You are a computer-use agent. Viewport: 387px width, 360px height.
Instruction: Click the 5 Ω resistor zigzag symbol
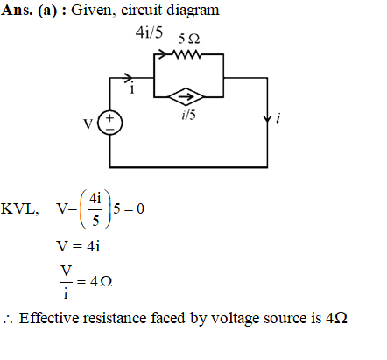click(x=186, y=54)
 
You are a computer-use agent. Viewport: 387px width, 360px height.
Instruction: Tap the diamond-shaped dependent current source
click(x=186, y=96)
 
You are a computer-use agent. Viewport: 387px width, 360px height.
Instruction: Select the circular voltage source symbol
click(x=109, y=123)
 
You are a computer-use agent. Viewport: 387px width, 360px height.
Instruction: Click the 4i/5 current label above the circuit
click(x=149, y=32)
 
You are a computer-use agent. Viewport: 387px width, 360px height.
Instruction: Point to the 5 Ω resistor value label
click(x=189, y=39)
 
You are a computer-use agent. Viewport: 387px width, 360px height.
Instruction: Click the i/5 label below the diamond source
click(x=188, y=115)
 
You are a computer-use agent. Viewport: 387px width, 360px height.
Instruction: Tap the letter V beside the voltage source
click(x=88, y=124)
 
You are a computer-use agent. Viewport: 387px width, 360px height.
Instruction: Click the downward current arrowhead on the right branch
click(x=267, y=119)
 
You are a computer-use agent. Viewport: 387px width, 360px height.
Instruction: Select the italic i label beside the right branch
click(x=278, y=118)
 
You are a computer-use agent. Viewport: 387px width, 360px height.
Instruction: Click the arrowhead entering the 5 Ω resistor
click(x=162, y=53)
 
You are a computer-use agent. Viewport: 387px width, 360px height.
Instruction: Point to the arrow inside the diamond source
click(x=186, y=96)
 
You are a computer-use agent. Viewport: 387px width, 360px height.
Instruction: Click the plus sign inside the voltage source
click(x=109, y=117)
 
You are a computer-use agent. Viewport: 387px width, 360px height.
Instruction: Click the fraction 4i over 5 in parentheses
click(x=95, y=209)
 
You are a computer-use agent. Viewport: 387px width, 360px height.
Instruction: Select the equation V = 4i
click(x=79, y=246)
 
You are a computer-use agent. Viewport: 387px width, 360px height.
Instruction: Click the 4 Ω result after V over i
click(x=102, y=281)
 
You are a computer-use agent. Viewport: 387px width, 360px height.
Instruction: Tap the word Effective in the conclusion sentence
click(x=49, y=318)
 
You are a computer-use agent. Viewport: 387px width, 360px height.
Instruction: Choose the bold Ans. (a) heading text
click(x=29, y=11)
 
